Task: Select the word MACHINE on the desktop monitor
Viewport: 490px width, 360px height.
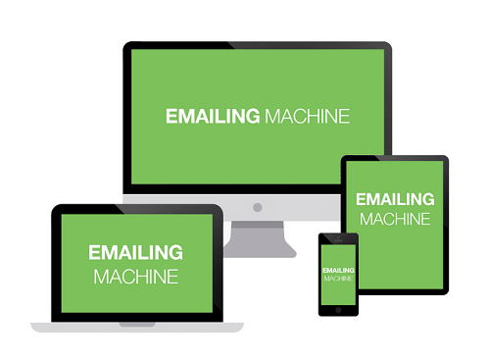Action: click(307, 116)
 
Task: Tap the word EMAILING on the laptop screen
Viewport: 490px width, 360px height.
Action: click(135, 254)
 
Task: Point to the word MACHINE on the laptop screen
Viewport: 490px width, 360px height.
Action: click(135, 277)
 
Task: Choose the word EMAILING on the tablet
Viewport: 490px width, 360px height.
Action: click(394, 199)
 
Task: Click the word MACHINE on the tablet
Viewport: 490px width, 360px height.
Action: click(394, 219)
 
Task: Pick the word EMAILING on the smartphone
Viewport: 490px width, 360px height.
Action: click(338, 269)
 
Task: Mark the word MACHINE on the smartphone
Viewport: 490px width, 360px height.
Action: click(338, 279)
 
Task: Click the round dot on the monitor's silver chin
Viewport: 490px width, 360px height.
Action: click(257, 207)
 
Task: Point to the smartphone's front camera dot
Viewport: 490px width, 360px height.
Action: click(338, 238)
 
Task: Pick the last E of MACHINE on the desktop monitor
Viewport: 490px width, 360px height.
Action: click(344, 116)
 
